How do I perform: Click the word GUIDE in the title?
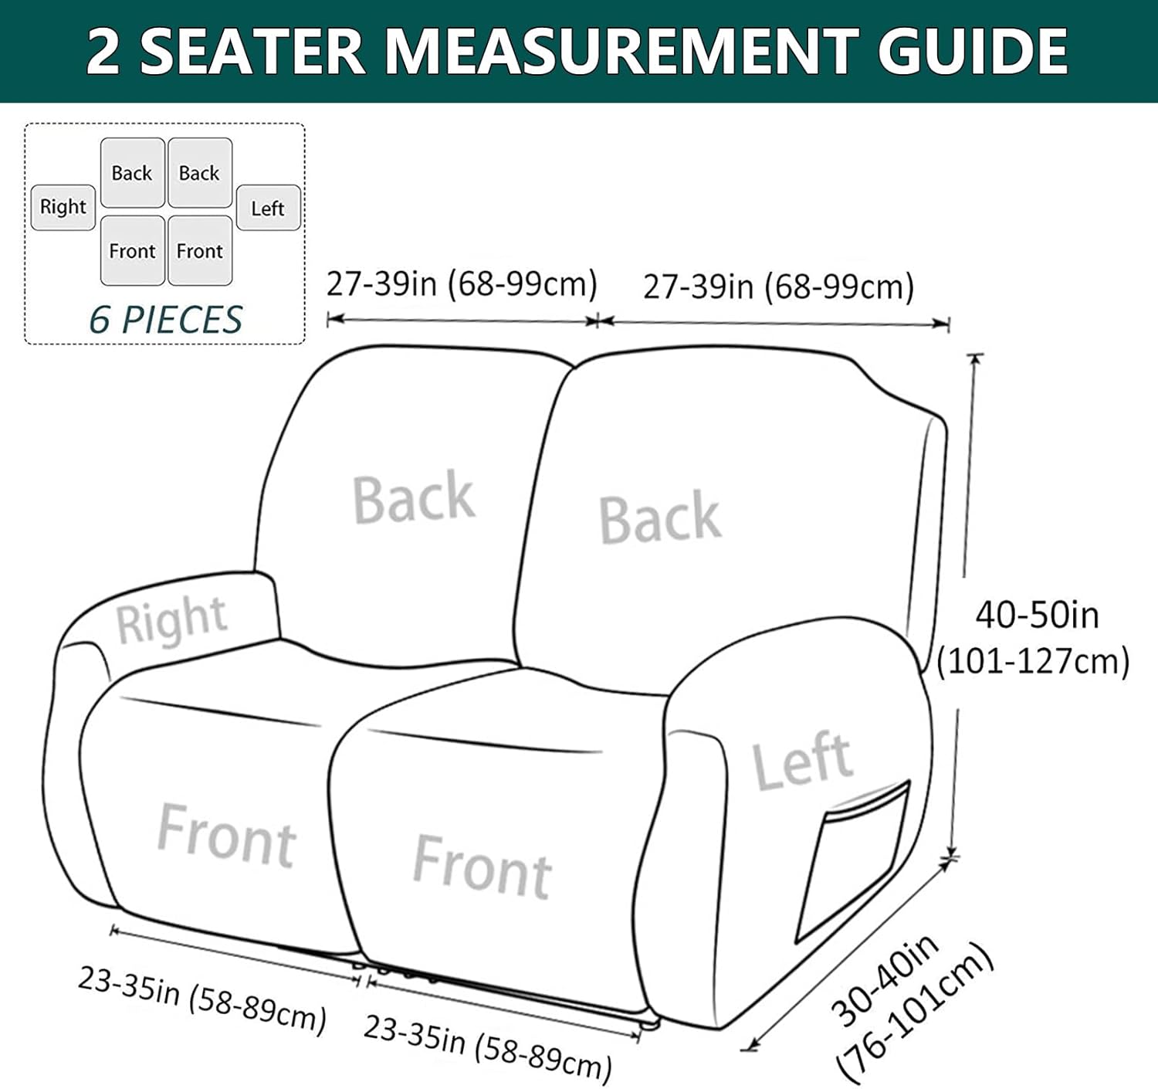coord(973,51)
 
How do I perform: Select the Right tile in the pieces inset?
coord(63,207)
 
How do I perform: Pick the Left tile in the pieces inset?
coord(268,208)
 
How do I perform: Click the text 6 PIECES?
coord(165,320)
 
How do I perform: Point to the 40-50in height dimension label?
coord(1037,616)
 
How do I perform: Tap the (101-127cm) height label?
coord(1033,662)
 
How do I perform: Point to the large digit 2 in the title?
coord(103,51)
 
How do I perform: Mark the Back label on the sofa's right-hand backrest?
coord(660,517)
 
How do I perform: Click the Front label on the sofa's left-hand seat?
coord(226,836)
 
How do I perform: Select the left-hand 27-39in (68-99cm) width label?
coord(462,284)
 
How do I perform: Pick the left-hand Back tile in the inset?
coord(132,173)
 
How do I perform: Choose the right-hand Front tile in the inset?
coord(200,251)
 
